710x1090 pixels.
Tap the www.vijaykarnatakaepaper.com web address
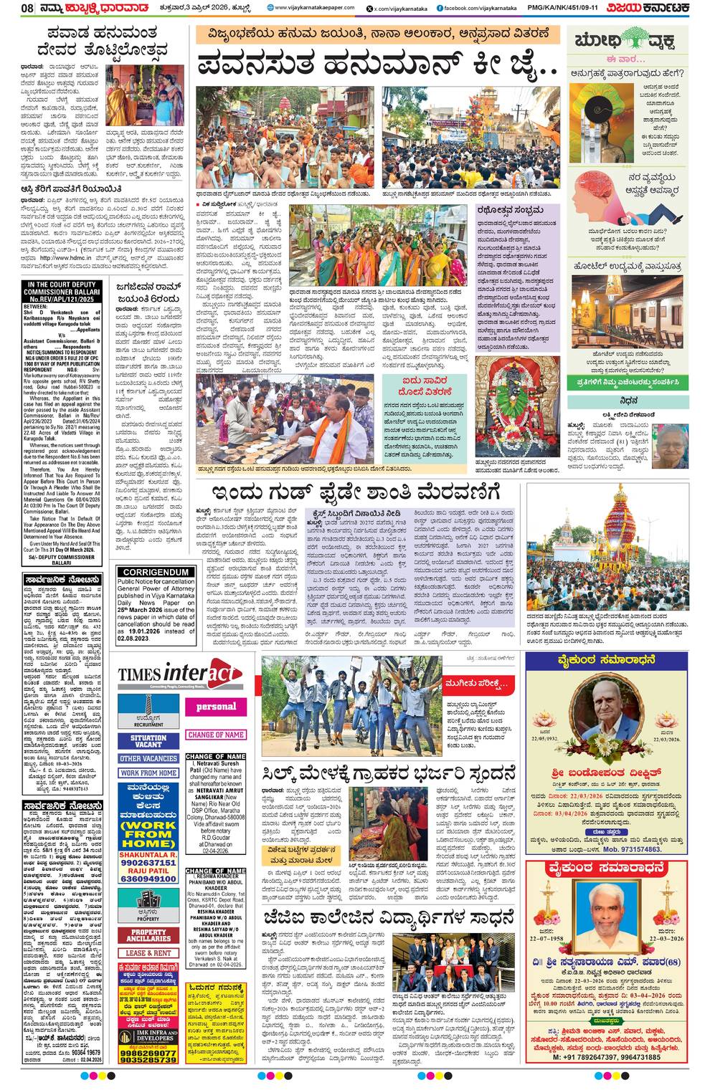(x=314, y=8)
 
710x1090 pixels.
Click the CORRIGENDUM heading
(x=156, y=572)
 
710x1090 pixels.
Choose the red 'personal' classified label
(x=216, y=707)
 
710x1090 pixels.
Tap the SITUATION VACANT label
(x=148, y=741)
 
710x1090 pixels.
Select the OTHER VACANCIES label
(x=148, y=758)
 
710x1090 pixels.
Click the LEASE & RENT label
(x=148, y=953)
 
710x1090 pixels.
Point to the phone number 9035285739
(x=148, y=1060)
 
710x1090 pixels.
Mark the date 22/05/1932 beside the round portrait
(x=544, y=737)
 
